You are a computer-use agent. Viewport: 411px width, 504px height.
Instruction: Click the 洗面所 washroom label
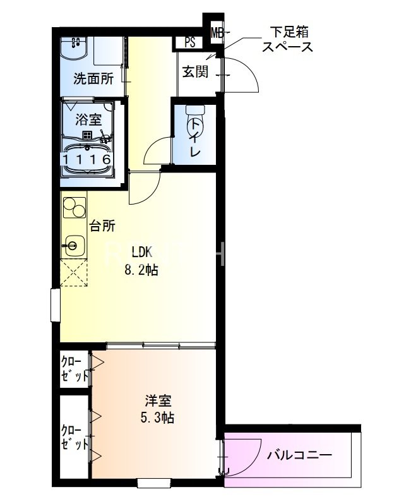tap(93, 79)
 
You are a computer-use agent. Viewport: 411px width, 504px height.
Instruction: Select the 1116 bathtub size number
tap(88, 160)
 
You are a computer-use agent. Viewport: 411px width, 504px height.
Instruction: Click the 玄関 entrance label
tap(196, 71)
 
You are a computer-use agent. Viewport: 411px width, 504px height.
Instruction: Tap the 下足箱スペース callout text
tap(287, 39)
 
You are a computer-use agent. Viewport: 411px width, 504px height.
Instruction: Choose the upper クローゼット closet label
tap(74, 369)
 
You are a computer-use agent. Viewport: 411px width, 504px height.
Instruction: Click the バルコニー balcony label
tap(299, 455)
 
